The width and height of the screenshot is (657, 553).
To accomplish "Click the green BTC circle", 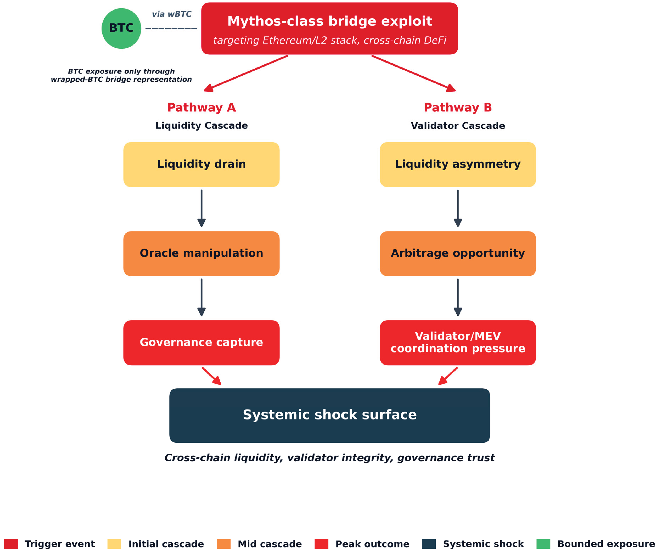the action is (121, 28).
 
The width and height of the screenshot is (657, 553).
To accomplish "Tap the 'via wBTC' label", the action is (172, 14).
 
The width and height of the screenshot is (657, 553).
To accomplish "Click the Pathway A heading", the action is (201, 108).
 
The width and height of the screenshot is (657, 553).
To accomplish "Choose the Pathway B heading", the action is (458, 108).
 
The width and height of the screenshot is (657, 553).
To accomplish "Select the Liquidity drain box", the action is (201, 165).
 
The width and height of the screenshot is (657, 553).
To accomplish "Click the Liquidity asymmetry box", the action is (458, 165).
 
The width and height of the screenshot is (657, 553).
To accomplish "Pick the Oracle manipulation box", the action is (201, 254).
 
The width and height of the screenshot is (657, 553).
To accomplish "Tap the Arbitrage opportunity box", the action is (458, 254).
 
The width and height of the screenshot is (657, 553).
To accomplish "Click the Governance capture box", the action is (201, 343).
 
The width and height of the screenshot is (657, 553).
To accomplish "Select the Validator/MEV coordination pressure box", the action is (458, 343).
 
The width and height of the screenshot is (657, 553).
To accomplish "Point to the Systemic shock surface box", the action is (329, 415).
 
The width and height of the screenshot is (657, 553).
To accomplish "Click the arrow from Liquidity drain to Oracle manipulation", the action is (201, 208).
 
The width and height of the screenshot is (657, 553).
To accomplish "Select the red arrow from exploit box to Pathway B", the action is (414, 74).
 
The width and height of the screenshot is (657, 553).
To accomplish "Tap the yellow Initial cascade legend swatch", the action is (114, 544).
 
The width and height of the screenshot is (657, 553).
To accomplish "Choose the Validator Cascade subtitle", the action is (458, 126).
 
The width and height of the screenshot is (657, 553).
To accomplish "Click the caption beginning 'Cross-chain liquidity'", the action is (329, 458).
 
